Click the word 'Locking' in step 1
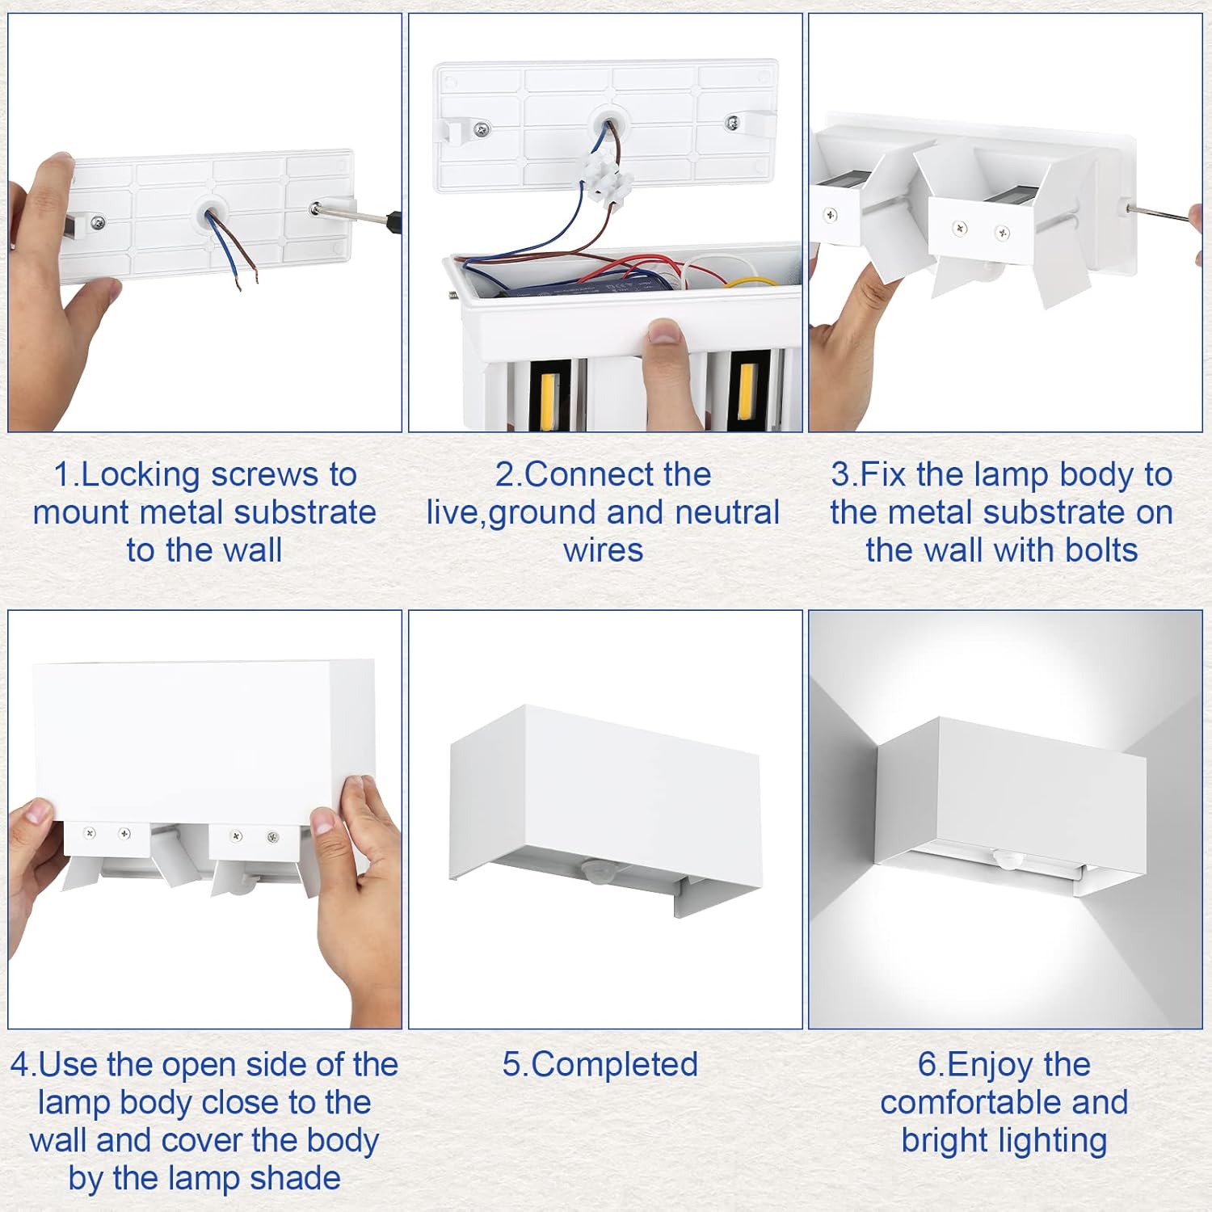141,474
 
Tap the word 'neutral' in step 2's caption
727,512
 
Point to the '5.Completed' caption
600,1065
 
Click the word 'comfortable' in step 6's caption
1004,1102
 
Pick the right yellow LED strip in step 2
747,392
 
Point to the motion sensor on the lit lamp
1007,858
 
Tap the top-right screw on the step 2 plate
732,122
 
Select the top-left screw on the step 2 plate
482,128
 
